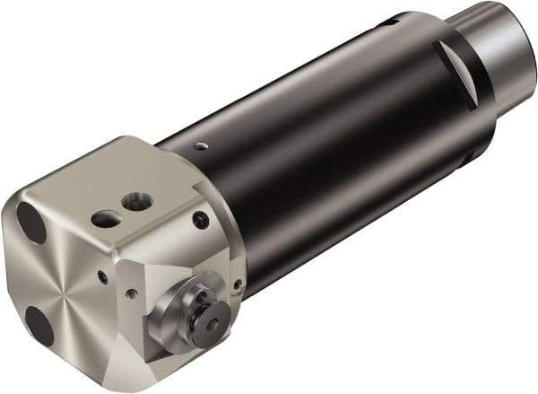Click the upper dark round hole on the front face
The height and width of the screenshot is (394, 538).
pyautogui.click(x=31, y=223)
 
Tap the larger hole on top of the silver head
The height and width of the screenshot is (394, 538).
pyautogui.click(x=137, y=203)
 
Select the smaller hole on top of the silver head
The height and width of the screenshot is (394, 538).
pyautogui.click(x=107, y=218)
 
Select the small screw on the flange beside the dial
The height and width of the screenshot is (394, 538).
pyautogui.click(x=237, y=285)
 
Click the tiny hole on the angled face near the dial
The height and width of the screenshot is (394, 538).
pyautogui.click(x=132, y=293)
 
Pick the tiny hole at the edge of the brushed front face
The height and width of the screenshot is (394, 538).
pyautogui.click(x=102, y=277)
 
